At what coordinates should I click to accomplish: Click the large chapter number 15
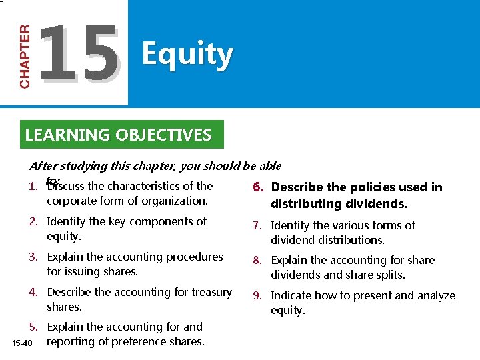(x=79, y=54)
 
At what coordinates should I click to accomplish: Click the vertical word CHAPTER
(x=25, y=57)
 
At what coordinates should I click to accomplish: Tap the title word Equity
(x=187, y=55)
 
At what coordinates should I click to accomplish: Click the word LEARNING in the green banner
(x=67, y=135)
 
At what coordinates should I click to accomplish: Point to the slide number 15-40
(x=22, y=343)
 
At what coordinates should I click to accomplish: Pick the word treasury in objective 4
(x=211, y=292)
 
